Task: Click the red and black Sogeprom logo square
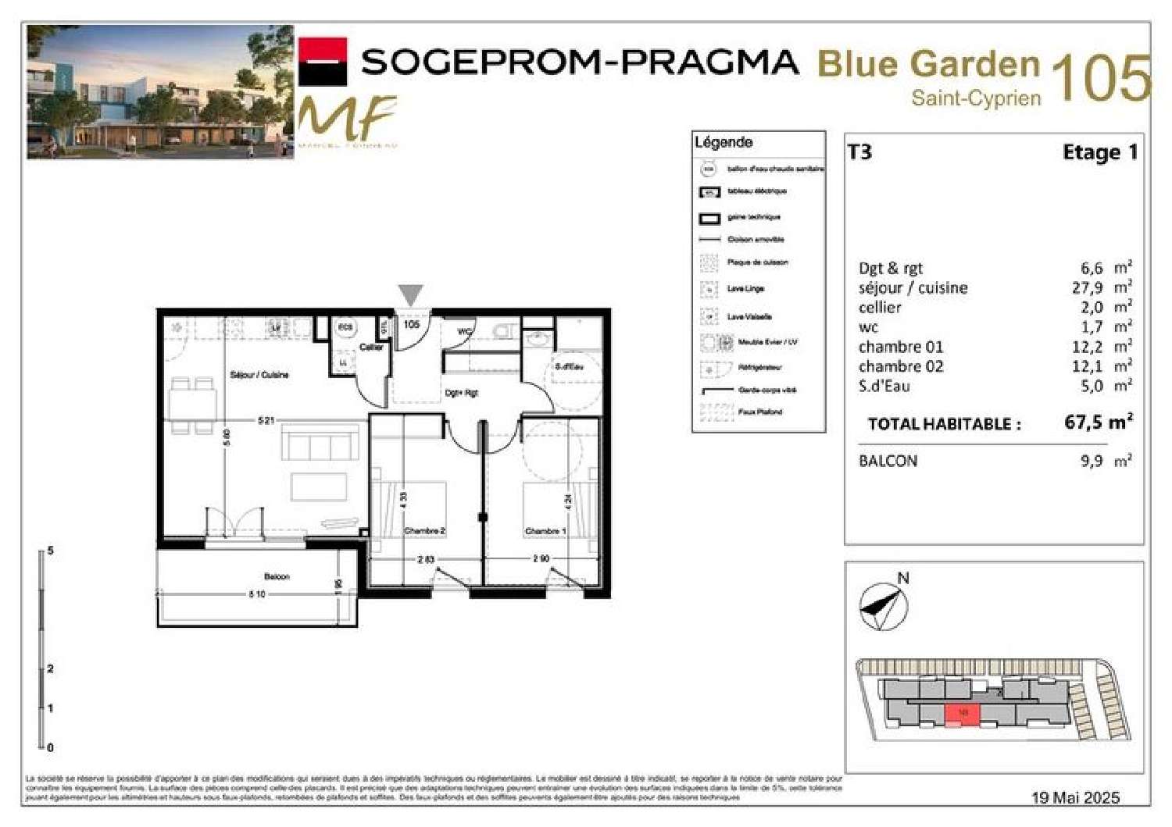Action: click(x=323, y=61)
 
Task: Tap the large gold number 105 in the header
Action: click(x=1101, y=79)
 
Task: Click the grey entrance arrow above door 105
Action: click(x=411, y=295)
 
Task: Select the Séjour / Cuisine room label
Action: click(x=259, y=375)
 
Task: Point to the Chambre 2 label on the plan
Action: click(x=424, y=531)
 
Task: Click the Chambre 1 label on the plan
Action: click(x=545, y=531)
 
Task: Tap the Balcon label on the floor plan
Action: click(x=277, y=576)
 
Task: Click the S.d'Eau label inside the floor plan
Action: click(x=569, y=366)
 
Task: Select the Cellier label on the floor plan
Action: click(x=371, y=348)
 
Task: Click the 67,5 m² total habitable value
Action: click(x=1098, y=422)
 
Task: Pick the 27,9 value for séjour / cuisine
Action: click(x=1087, y=288)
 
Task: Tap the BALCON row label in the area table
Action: click(x=888, y=461)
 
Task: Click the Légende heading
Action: click(x=724, y=142)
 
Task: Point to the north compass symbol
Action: click(x=884, y=606)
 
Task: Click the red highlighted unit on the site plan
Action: click(x=962, y=714)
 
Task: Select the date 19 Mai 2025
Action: click(x=1075, y=797)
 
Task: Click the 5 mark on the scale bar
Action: click(x=50, y=551)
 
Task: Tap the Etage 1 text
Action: click(x=1099, y=152)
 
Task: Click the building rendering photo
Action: click(x=160, y=92)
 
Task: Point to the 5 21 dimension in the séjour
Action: click(x=266, y=420)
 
